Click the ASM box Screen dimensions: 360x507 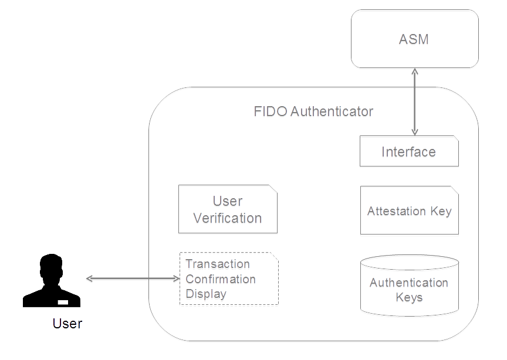point(414,39)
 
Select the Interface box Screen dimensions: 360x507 point(408,152)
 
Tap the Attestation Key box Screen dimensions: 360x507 point(409,212)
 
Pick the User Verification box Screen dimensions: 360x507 point(228,210)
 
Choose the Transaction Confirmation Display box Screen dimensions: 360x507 point(228,280)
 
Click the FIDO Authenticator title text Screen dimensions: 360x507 point(313,112)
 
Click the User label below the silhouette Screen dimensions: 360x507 point(67,323)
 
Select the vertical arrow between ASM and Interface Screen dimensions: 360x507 point(415,102)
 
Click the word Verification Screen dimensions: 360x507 point(228,219)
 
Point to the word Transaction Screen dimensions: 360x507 point(218,265)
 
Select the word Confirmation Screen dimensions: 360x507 point(221,280)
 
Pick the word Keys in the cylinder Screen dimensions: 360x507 point(409,298)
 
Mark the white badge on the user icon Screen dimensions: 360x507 point(63,302)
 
